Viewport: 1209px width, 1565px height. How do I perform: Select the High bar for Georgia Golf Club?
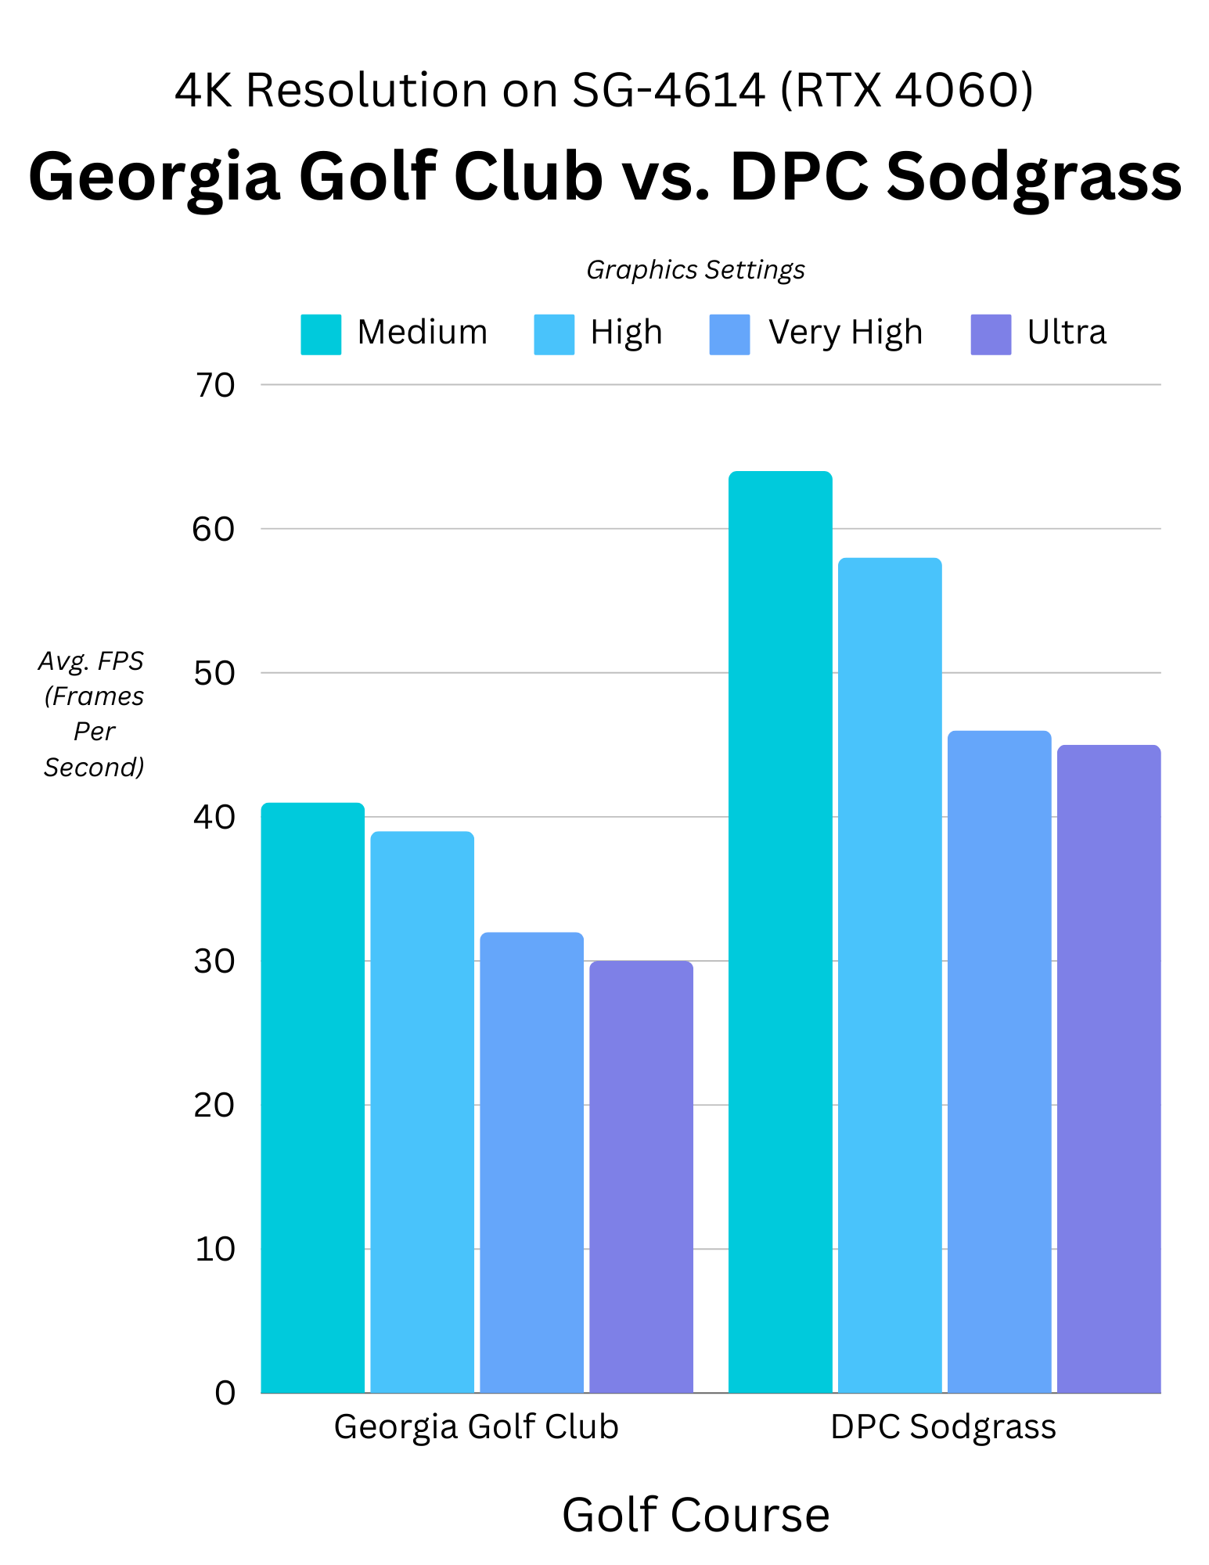click(x=422, y=1111)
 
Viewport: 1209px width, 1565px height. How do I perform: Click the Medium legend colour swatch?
click(x=321, y=334)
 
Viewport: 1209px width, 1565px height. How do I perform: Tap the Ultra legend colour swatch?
click(x=991, y=334)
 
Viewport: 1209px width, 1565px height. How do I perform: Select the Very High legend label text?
click(x=845, y=333)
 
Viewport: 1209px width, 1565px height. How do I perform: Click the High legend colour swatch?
click(x=554, y=334)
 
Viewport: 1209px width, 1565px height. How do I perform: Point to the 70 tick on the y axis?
click(x=214, y=385)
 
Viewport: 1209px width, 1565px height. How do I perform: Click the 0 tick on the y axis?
click(x=225, y=1393)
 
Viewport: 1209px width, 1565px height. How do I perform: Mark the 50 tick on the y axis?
click(x=214, y=673)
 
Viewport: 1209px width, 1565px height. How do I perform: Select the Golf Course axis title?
click(x=696, y=1515)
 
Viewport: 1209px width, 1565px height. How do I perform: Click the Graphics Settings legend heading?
click(x=696, y=270)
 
